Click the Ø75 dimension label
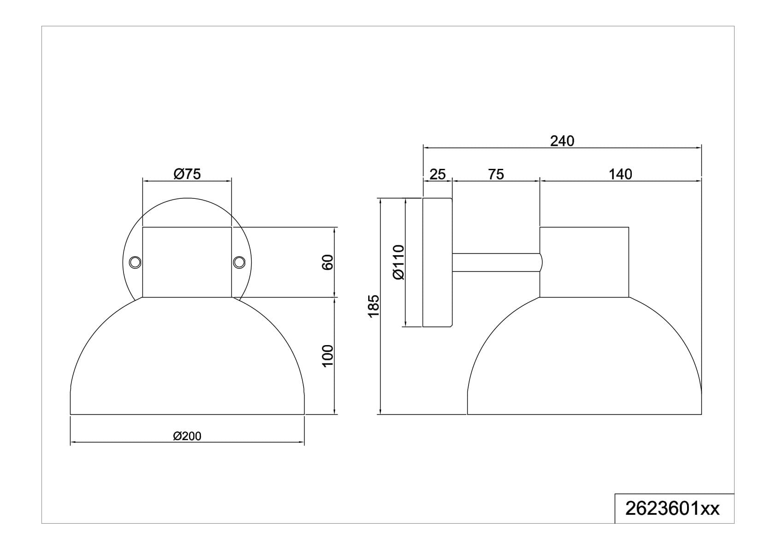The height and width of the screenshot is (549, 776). tap(187, 174)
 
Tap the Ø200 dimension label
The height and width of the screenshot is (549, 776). tap(187, 436)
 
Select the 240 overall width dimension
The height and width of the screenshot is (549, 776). tap(562, 141)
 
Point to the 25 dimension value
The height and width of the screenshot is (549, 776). tap(438, 174)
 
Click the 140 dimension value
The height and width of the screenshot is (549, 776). tap(620, 174)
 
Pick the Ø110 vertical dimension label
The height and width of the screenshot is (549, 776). tap(399, 262)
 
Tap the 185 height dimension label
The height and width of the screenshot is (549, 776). tap(374, 306)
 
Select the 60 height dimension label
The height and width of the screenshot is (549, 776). tap(327, 262)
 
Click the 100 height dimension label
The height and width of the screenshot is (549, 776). tap(327, 356)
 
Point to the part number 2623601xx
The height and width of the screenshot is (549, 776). tap(672, 509)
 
